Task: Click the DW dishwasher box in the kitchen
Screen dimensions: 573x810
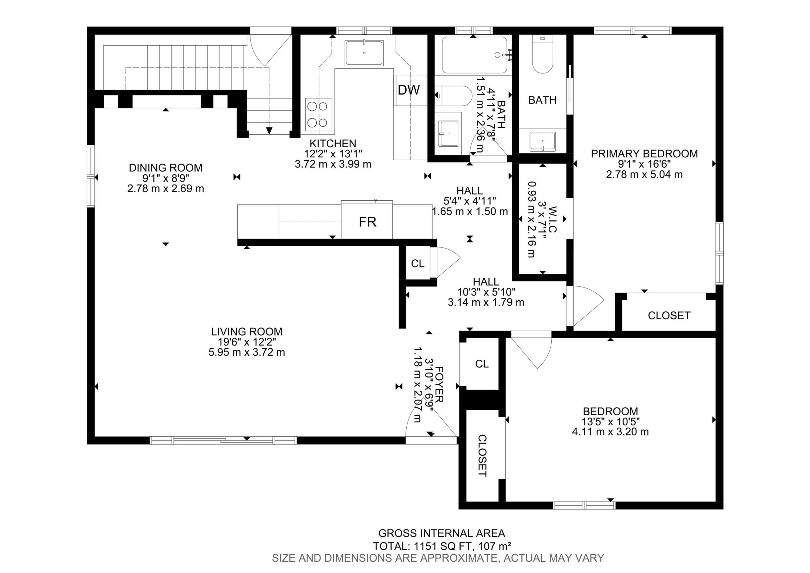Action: [410, 90]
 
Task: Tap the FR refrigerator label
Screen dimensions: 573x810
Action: [367, 222]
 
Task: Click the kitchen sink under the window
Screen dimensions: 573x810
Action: [364, 53]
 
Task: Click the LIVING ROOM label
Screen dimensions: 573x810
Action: [247, 332]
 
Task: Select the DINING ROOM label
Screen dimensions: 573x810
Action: [166, 168]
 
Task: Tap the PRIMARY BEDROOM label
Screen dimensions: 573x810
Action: [644, 154]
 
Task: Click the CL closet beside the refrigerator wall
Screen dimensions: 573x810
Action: [418, 264]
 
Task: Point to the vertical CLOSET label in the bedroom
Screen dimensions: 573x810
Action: [482, 455]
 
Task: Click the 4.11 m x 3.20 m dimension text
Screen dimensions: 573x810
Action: [610, 432]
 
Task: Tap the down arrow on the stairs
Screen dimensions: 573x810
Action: [269, 131]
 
